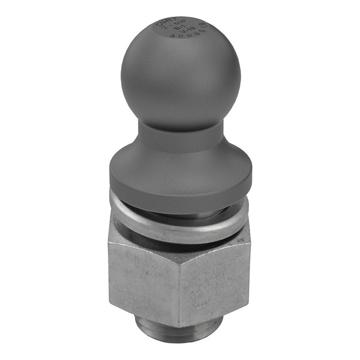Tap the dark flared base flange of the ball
180,171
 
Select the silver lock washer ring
180,231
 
